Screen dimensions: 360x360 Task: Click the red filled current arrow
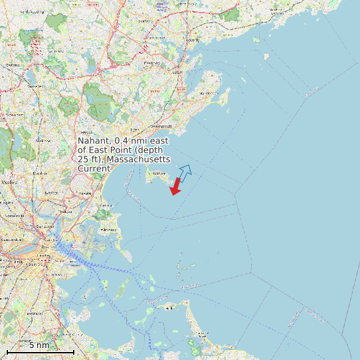coord(175,187)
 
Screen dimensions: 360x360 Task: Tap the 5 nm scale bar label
coord(39,345)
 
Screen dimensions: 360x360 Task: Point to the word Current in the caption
coord(94,169)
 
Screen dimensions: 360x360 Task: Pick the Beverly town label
coord(193,40)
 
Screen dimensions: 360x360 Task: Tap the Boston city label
coord(46,247)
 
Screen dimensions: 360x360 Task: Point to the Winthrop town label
coord(108,229)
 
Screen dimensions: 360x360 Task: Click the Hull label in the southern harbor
coord(169,308)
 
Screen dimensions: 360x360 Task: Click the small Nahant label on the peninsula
coord(159,174)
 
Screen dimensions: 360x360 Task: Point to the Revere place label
coord(85,193)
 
